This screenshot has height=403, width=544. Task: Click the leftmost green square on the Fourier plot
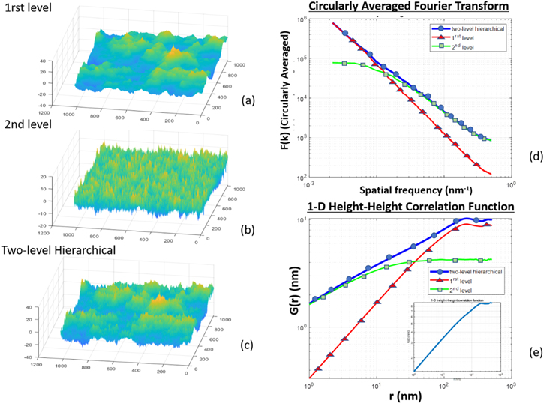tap(344, 64)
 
